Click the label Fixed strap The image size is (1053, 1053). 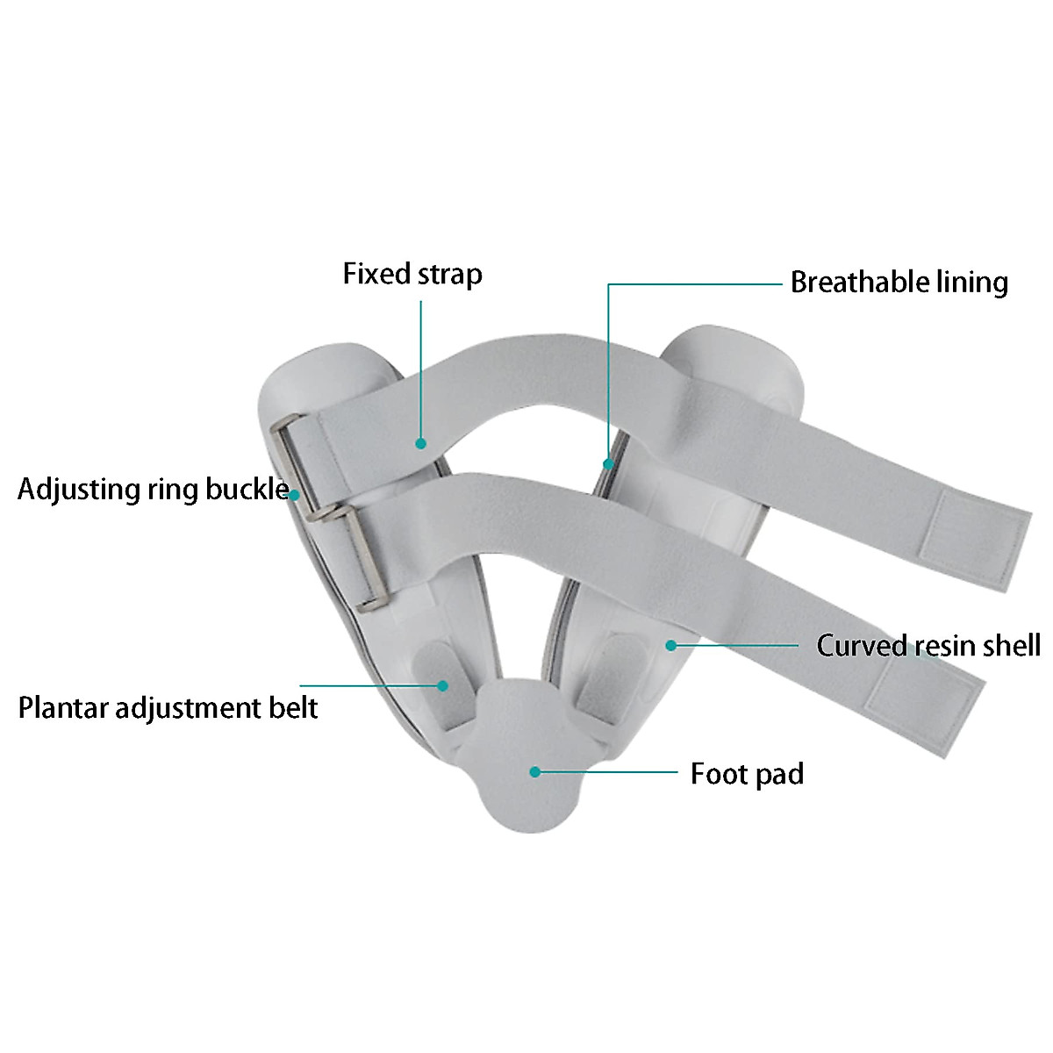(x=412, y=275)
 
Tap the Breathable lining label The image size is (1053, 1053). (x=899, y=283)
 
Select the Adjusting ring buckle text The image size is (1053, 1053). (x=153, y=489)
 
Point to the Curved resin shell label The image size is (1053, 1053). (x=928, y=646)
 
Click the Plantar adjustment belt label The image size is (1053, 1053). (x=168, y=707)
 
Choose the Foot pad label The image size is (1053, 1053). (x=747, y=774)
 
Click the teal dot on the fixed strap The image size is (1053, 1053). (x=421, y=444)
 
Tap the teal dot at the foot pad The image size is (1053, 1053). (x=534, y=772)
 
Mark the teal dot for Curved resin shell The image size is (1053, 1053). (x=670, y=646)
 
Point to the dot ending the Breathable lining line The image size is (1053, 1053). (x=607, y=462)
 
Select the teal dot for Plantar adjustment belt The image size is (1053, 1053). (x=444, y=685)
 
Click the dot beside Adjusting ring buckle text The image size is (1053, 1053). (x=295, y=495)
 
